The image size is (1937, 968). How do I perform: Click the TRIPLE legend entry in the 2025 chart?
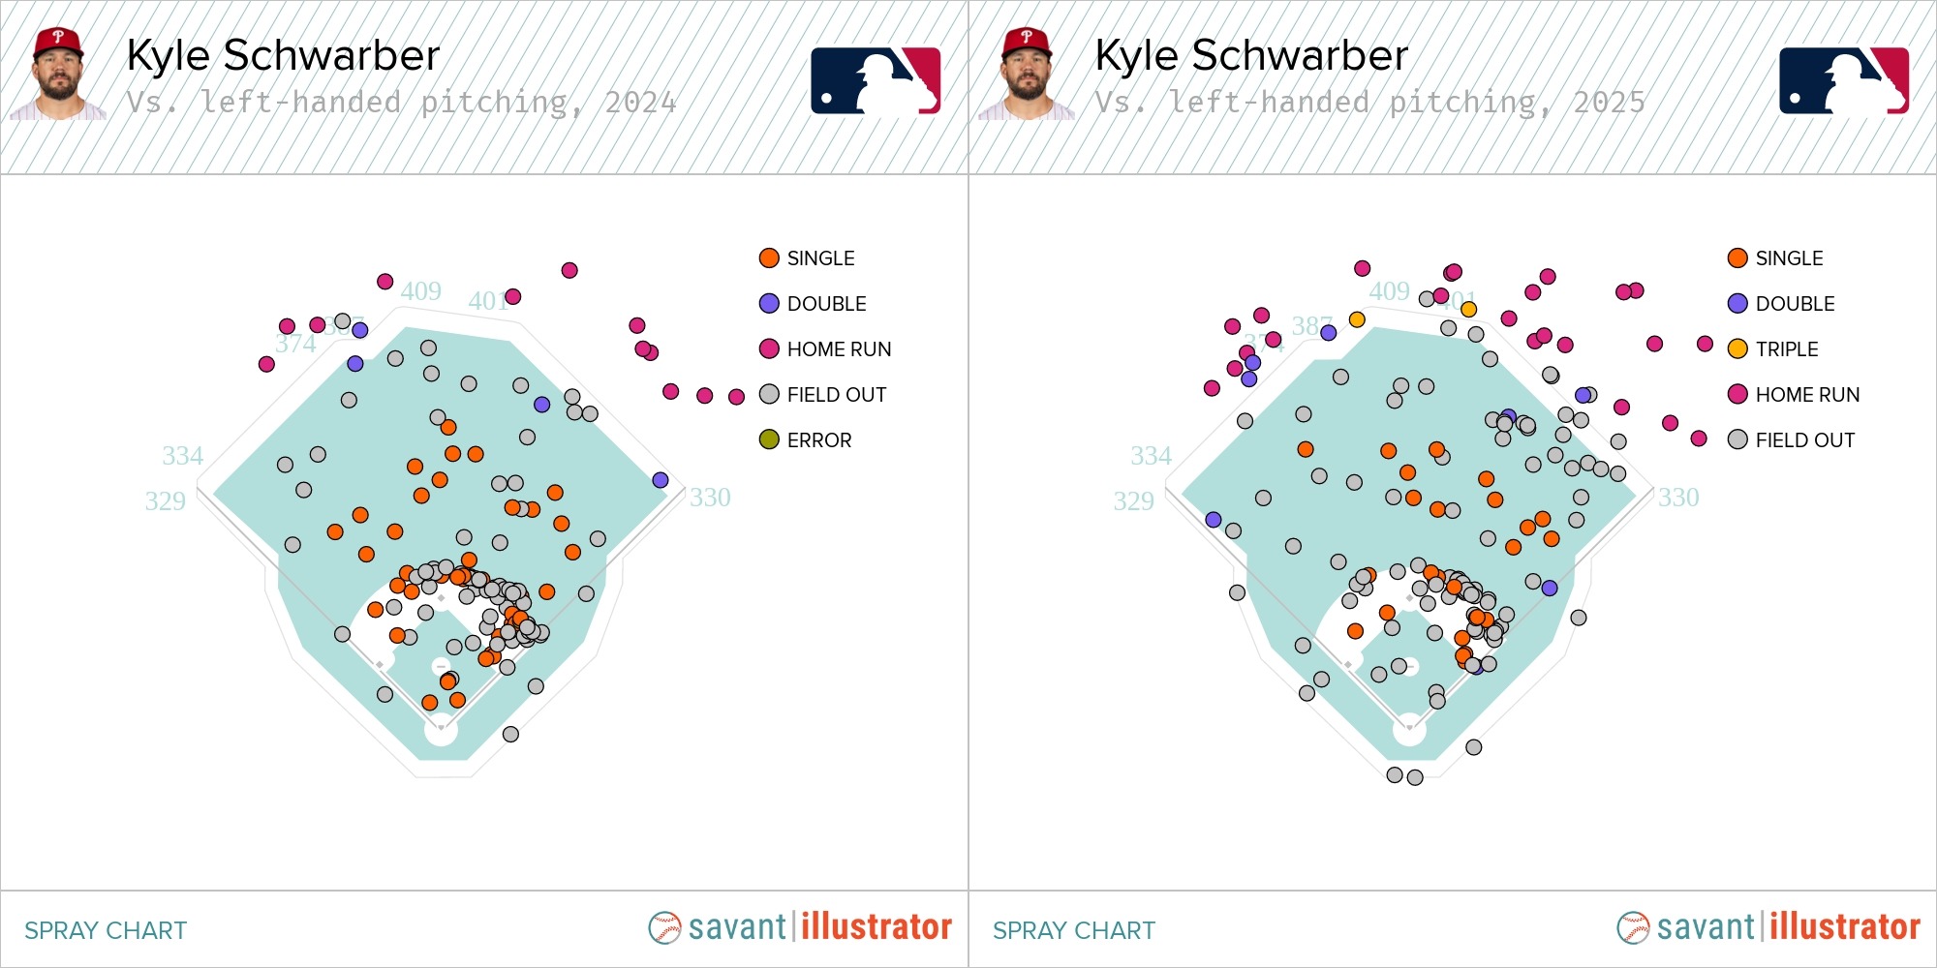click(1786, 349)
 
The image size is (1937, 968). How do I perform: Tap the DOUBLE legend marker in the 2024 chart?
click(769, 304)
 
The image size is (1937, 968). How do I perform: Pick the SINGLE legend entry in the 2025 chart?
click(1788, 258)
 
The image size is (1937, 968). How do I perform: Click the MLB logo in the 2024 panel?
click(876, 81)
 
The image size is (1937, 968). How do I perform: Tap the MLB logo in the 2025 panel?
click(1844, 81)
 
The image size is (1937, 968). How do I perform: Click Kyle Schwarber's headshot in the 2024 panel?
click(58, 75)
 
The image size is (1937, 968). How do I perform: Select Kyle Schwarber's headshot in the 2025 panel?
click(1027, 75)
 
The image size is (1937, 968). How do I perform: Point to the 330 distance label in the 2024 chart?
click(710, 498)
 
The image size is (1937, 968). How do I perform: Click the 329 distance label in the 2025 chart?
click(1133, 501)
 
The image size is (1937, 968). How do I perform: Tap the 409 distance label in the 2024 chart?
click(421, 291)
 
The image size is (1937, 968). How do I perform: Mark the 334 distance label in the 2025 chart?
click(1151, 456)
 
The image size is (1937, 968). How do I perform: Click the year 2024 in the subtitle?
click(640, 103)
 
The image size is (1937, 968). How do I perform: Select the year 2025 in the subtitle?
click(1609, 103)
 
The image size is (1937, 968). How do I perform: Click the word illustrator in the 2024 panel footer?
click(876, 927)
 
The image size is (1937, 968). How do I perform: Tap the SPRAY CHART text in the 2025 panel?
click(1073, 930)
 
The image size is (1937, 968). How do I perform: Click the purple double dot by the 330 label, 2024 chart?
click(661, 480)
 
